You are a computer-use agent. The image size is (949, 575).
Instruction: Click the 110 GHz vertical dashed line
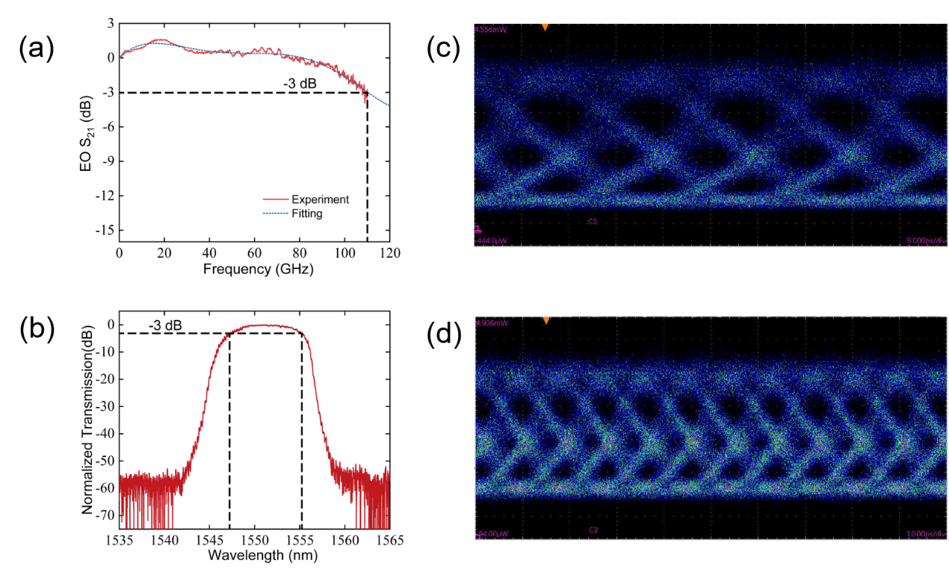coord(367,164)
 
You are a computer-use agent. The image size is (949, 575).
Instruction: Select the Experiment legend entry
coord(320,199)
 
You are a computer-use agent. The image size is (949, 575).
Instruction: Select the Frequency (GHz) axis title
coord(255,268)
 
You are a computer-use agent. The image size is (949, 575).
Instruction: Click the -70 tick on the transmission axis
coord(107,515)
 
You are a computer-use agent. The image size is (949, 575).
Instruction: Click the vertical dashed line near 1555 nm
coord(302,433)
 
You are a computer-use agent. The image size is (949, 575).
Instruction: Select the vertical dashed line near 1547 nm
coord(229,433)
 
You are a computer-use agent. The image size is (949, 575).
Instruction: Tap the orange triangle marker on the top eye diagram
coord(545,28)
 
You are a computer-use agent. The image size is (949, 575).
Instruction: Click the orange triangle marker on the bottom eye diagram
coord(546,320)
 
